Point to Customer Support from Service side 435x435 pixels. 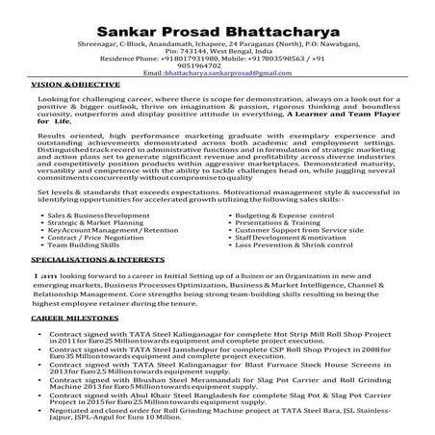coord(317,231)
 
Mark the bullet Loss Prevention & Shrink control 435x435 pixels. coord(309,247)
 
